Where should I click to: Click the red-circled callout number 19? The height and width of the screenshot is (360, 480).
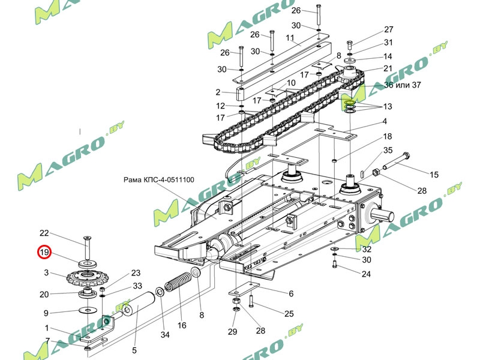[45, 253]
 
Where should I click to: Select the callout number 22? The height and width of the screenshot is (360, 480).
[44, 233]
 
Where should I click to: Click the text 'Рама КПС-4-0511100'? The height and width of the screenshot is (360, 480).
[158, 179]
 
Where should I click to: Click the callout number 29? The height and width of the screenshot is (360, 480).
[233, 331]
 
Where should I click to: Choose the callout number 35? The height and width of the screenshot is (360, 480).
[388, 150]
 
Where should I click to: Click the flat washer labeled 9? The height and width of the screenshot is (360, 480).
[89, 310]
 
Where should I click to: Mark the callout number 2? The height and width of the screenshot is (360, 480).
[218, 92]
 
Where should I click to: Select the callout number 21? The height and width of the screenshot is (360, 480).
[388, 68]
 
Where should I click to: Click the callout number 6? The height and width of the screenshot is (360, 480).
[291, 293]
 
